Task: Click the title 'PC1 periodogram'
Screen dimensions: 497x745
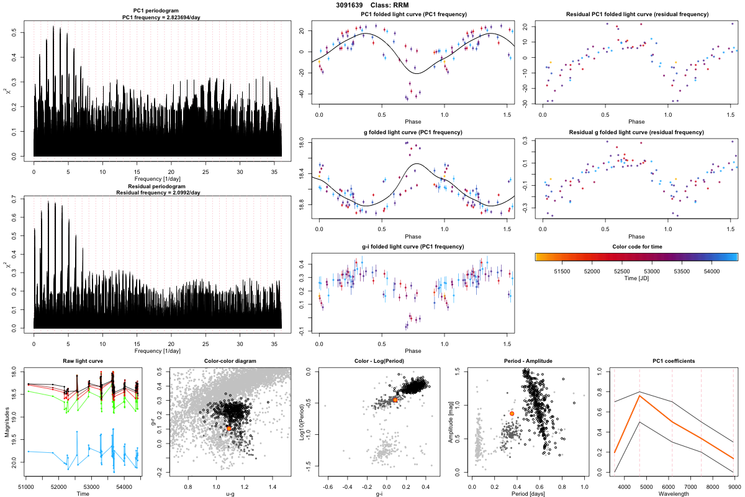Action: [156, 12]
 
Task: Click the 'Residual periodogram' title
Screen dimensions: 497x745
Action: [156, 186]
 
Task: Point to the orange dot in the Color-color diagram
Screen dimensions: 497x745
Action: [229, 429]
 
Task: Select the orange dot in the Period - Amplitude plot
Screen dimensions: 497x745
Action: [512, 413]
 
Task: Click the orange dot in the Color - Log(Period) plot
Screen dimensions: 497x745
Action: [395, 400]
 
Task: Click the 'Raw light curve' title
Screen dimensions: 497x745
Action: [83, 361]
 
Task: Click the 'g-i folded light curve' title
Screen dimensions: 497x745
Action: [413, 247]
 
